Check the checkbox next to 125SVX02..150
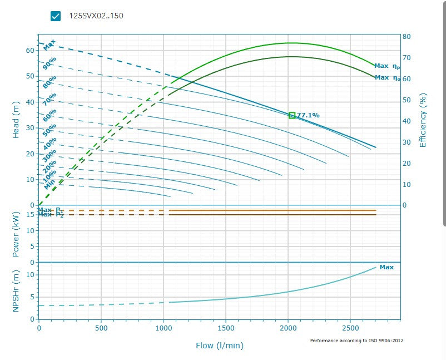click(x=56, y=16)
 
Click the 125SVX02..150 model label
click(x=96, y=16)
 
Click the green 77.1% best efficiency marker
click(x=292, y=115)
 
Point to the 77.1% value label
click(x=309, y=115)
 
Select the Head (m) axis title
click(x=16, y=121)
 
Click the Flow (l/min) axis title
click(x=220, y=346)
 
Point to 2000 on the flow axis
click(x=288, y=329)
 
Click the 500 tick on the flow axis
click(x=101, y=329)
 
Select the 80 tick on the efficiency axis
click(x=407, y=37)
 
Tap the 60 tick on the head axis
click(x=29, y=50)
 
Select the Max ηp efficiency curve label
click(x=387, y=66)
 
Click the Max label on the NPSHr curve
click(x=386, y=267)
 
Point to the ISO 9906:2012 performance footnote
click(x=356, y=340)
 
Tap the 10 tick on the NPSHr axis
click(x=32, y=274)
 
